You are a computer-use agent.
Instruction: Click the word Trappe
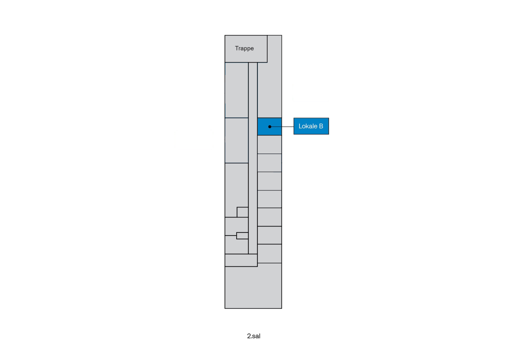[245, 49]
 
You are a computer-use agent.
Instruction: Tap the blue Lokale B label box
[311, 126]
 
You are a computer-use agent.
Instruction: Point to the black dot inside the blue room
[270, 127]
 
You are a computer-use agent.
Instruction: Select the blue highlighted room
[270, 126]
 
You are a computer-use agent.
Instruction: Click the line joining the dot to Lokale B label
[282, 127]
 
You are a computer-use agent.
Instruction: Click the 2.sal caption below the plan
[254, 336]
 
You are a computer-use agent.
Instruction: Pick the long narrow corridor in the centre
[253, 158]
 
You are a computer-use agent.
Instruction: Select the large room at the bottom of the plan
[253, 287]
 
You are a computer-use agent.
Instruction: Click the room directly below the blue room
[270, 145]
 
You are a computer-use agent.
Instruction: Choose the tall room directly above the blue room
[270, 90]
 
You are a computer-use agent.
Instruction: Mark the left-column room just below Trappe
[237, 90]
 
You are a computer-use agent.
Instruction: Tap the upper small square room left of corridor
[243, 212]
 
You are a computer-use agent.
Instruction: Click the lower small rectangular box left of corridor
[242, 236]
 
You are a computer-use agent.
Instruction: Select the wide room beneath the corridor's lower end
[241, 260]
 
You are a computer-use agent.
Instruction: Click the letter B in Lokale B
[321, 126]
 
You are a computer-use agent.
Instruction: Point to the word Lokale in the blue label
[308, 126]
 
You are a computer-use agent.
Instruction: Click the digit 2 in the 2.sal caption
[249, 336]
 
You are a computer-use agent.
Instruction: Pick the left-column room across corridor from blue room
[237, 140]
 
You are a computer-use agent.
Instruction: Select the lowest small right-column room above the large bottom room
[270, 253]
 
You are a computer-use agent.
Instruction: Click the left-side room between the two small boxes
[237, 226]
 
